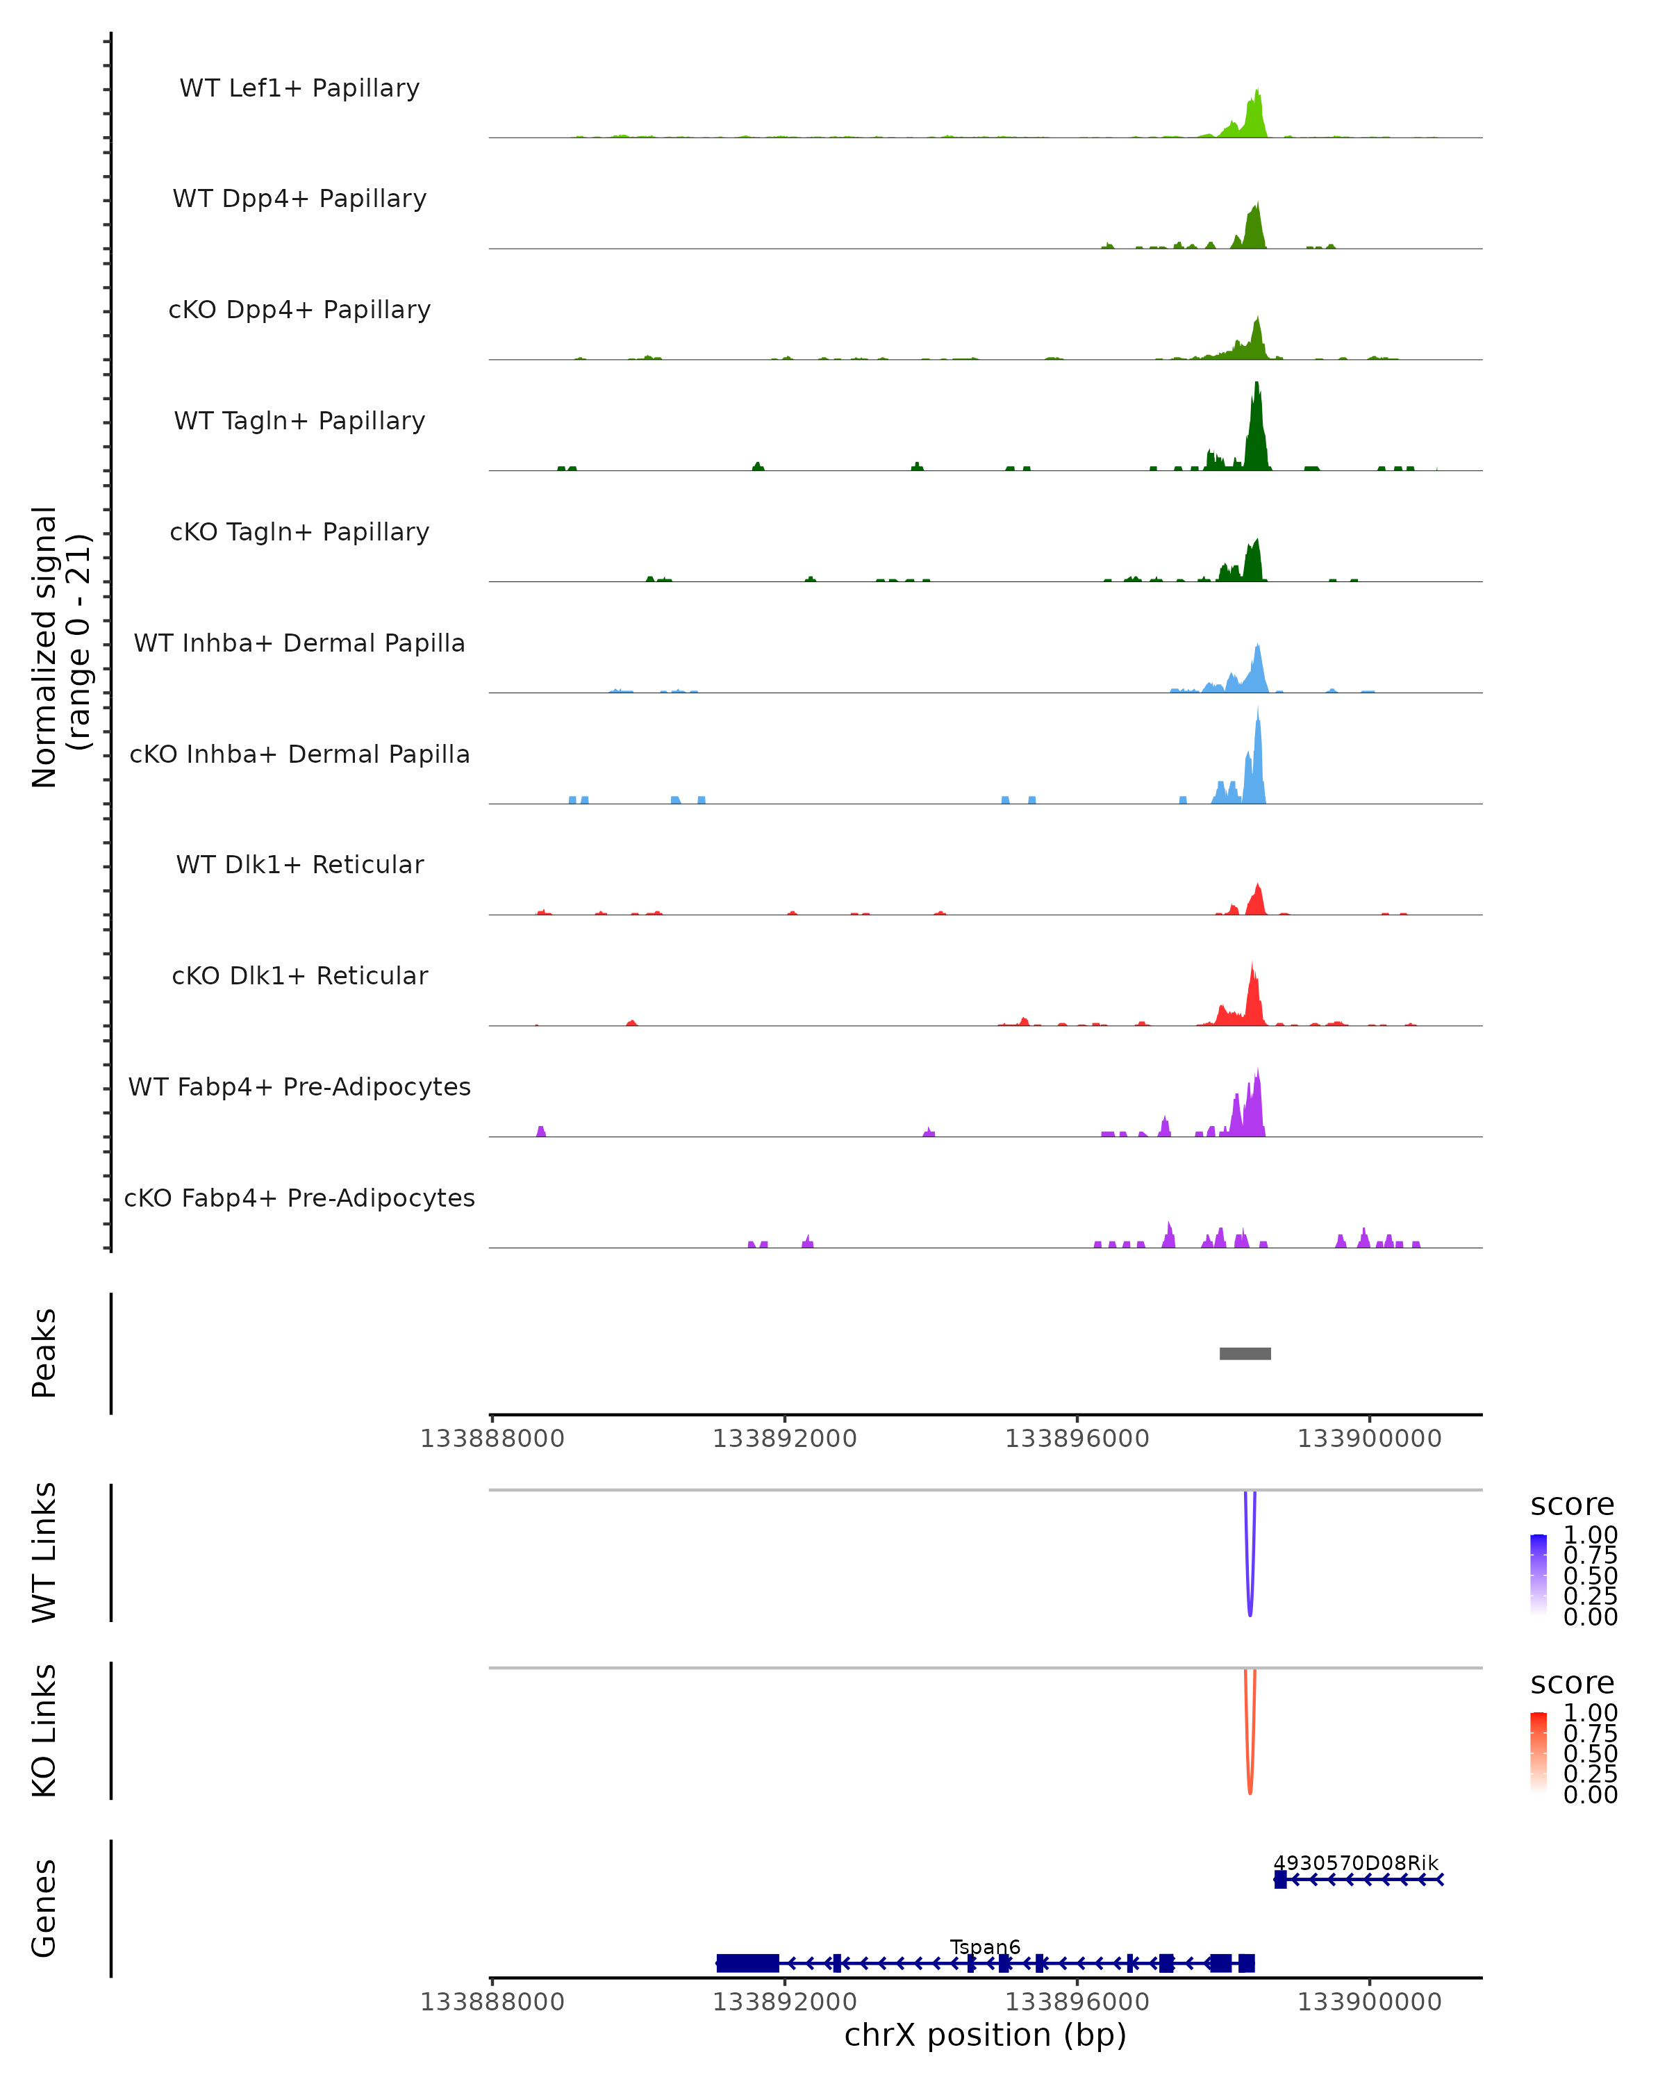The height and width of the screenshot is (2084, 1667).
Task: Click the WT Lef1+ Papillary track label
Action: click(x=299, y=88)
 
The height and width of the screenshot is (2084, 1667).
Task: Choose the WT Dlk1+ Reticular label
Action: click(x=299, y=864)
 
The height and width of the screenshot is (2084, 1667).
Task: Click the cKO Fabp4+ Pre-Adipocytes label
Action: click(x=299, y=1198)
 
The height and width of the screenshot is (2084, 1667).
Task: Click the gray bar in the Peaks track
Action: click(x=1245, y=1353)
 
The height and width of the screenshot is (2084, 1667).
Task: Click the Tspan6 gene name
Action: click(x=985, y=1946)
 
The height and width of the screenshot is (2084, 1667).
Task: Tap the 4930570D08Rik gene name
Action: click(x=1356, y=1862)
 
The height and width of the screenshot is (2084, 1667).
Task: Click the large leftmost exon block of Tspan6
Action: click(x=747, y=1963)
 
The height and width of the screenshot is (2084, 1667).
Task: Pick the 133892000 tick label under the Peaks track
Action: click(x=785, y=1439)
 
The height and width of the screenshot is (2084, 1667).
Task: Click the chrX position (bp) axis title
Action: click(x=985, y=2035)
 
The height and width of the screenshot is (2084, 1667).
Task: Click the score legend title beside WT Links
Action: click(x=1573, y=1505)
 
